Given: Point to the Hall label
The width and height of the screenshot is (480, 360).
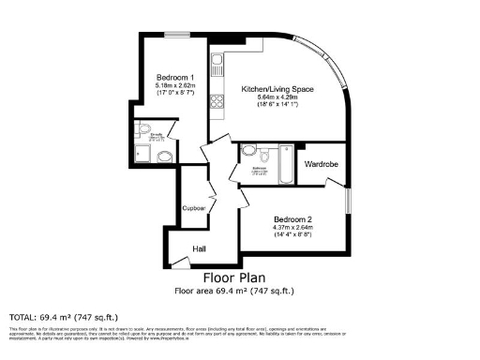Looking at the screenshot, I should pyautogui.click(x=200, y=248).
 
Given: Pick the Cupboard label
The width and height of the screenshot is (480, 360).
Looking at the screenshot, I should pyautogui.click(x=194, y=209).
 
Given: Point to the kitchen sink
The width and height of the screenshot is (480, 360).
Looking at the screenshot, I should pyautogui.click(x=217, y=65).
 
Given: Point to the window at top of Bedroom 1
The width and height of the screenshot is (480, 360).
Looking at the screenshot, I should pyautogui.click(x=174, y=37).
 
